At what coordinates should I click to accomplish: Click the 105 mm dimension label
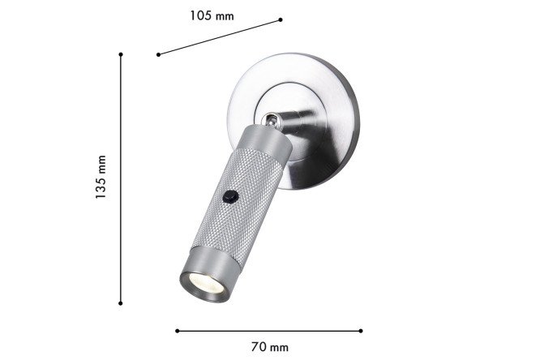click(x=212, y=16)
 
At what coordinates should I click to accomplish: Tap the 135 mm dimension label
click(x=101, y=177)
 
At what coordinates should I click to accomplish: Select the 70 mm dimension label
click(x=269, y=346)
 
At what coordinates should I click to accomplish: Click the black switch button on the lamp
click(x=230, y=197)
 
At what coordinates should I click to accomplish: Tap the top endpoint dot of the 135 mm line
click(x=121, y=54)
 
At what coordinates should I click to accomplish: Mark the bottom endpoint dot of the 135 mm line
click(x=120, y=303)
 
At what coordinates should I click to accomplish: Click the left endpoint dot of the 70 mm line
click(x=177, y=331)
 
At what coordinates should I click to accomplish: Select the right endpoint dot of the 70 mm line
click(x=361, y=331)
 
